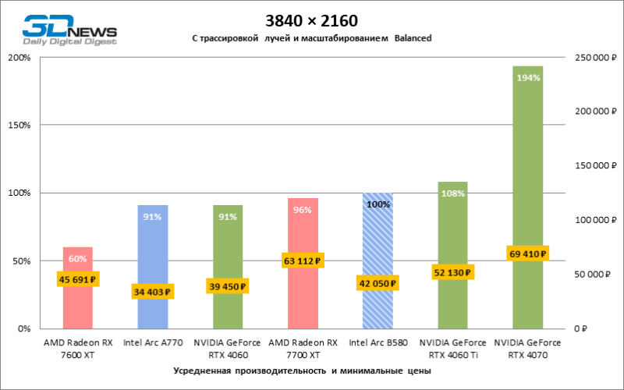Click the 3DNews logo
(69, 30)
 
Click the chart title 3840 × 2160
(311, 19)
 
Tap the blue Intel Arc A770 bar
(153, 250)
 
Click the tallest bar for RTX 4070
(527, 172)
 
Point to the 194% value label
(527, 78)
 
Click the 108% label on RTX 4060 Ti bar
(452, 193)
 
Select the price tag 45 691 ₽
(78, 279)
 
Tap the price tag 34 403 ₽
(153, 292)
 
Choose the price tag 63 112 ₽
(303, 261)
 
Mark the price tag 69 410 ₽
(527, 253)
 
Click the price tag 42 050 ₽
(378, 284)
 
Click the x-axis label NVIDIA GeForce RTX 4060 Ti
(452, 349)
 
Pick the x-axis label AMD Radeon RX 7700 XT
(303, 349)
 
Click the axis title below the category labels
(303, 372)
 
